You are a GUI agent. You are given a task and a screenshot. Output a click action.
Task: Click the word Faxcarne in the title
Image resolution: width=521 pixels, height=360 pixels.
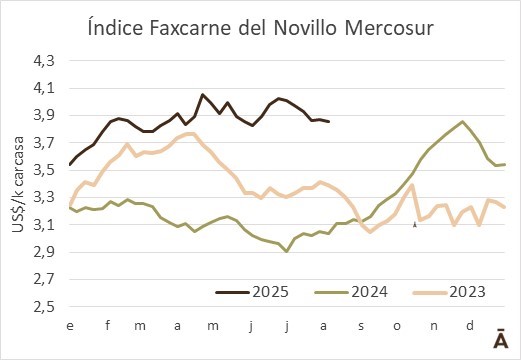(190, 28)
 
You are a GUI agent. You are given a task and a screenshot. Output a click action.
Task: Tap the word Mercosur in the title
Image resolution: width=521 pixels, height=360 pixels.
(389, 28)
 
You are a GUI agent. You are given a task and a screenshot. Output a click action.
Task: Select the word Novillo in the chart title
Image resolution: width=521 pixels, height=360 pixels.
(305, 28)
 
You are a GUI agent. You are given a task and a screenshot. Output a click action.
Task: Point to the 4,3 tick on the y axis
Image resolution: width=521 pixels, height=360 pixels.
(44, 61)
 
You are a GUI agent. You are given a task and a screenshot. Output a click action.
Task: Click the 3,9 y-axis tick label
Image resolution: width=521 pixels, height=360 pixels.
(44, 116)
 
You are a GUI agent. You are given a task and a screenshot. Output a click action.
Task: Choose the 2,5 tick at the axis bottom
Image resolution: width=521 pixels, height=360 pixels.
(44, 307)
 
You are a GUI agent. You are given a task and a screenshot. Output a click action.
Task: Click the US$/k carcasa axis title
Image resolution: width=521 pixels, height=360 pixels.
(18, 184)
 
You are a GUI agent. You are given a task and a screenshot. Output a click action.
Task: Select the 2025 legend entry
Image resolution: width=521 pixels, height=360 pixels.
(252, 292)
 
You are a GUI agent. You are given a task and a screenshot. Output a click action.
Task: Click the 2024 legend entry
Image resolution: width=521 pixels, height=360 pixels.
(351, 292)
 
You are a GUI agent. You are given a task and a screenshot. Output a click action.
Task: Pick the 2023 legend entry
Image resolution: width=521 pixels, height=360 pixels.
(449, 292)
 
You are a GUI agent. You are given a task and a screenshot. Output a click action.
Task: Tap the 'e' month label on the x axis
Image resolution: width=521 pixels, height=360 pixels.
(70, 326)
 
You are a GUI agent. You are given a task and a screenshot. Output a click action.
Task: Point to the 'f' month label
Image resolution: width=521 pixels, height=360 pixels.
(107, 325)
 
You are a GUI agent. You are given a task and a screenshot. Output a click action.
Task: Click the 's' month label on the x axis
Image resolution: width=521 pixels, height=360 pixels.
(361, 326)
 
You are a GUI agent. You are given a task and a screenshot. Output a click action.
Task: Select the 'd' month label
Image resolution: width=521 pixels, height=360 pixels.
(470, 325)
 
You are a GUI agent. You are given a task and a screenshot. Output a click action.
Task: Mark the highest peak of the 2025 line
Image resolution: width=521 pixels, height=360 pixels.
(202, 94)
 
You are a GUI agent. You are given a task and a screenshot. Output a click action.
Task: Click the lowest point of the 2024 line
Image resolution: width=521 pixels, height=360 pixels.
(286, 252)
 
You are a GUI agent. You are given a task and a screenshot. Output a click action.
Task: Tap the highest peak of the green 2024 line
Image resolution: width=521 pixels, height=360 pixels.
(462, 121)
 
